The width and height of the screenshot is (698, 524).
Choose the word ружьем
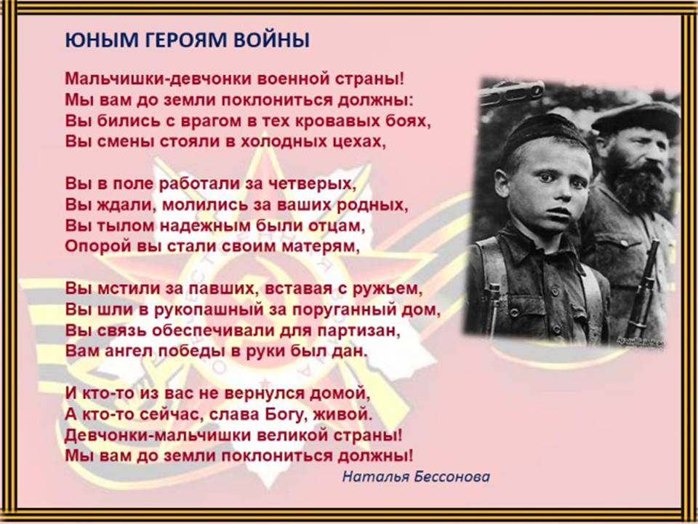pyautogui.click(x=386, y=289)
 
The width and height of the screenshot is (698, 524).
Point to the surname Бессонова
pyautogui.click(x=452, y=476)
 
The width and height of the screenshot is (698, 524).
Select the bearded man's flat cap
pyautogui.click(x=635, y=118)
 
